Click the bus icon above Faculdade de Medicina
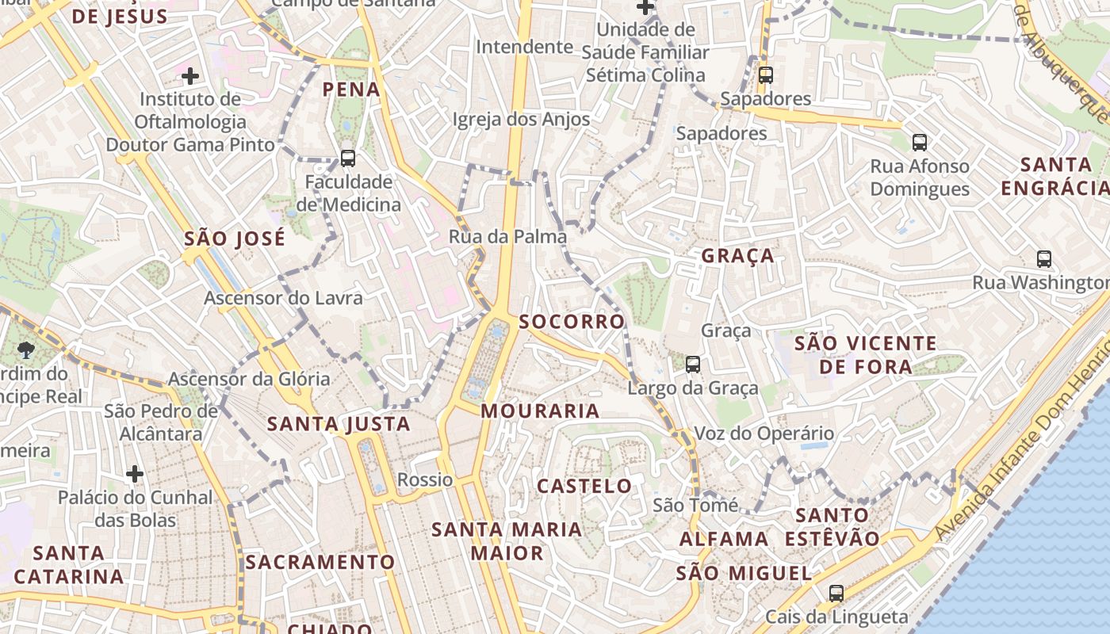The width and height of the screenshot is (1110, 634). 348,158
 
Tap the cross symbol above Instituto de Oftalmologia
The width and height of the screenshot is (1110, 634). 190,76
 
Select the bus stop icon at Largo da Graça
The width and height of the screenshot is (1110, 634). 693,365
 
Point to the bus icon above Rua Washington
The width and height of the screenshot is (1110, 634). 1044,258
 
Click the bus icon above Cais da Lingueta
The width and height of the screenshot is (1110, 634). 836,593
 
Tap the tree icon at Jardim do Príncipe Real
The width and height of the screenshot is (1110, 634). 25,349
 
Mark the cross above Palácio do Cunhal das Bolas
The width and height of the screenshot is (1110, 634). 135,474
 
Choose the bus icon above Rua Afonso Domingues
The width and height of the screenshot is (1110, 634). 920,143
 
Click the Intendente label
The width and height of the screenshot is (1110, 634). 524,47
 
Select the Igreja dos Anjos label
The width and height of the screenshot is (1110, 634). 521,119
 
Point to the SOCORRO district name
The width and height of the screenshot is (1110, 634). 572,321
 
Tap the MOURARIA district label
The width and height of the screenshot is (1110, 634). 540,411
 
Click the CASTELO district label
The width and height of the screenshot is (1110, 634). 584,486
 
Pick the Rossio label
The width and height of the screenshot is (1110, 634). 425,479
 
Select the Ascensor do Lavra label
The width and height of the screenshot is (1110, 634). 283,298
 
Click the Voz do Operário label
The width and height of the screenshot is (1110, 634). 764,433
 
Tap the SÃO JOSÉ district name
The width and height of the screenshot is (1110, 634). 235,239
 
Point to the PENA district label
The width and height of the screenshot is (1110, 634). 351,90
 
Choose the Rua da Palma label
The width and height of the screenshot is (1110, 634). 507,236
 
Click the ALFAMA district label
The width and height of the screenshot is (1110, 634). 724,539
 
